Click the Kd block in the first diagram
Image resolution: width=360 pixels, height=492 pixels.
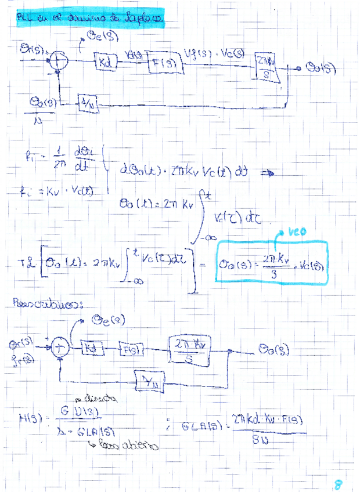pyautogui.click(x=106, y=59)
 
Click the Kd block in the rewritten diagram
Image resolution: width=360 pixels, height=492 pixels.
pyautogui.click(x=92, y=348)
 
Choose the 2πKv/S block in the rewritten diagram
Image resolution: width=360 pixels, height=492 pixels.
pyautogui.click(x=190, y=352)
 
